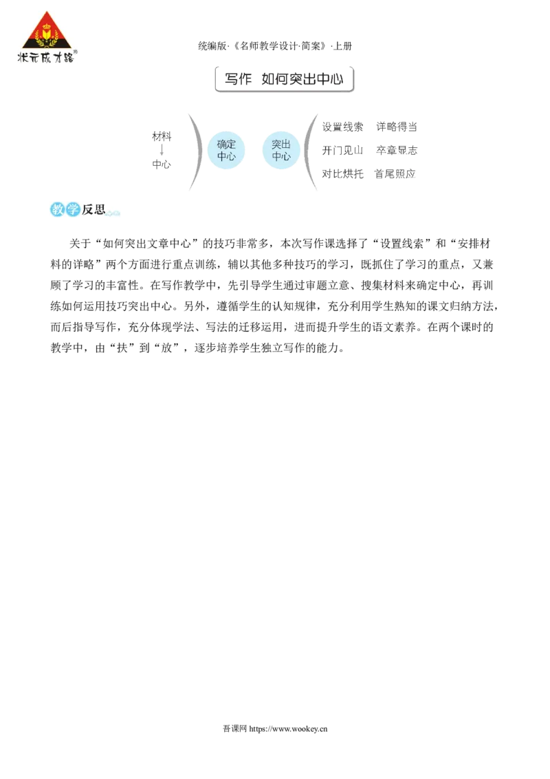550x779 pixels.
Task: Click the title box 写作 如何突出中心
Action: pos(285,79)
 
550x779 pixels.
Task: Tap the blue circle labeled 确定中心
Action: pos(226,150)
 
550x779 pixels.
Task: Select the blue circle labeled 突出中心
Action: pos(281,150)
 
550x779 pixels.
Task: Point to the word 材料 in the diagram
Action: pos(162,136)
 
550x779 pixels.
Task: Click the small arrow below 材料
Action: pos(162,150)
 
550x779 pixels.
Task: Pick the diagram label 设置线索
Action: pos(342,127)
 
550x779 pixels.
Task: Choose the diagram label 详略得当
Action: pos(397,127)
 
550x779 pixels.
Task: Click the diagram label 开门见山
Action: pos(342,150)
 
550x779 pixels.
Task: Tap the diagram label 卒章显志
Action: pos(397,150)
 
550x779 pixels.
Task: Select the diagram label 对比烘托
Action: pos(342,173)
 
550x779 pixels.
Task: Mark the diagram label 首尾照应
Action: pos(395,173)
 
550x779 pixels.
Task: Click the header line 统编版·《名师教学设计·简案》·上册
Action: pos(275,46)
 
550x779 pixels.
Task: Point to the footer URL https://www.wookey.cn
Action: pos(288,729)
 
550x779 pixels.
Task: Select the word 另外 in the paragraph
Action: pos(194,306)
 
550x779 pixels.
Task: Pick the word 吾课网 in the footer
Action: pos(234,729)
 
